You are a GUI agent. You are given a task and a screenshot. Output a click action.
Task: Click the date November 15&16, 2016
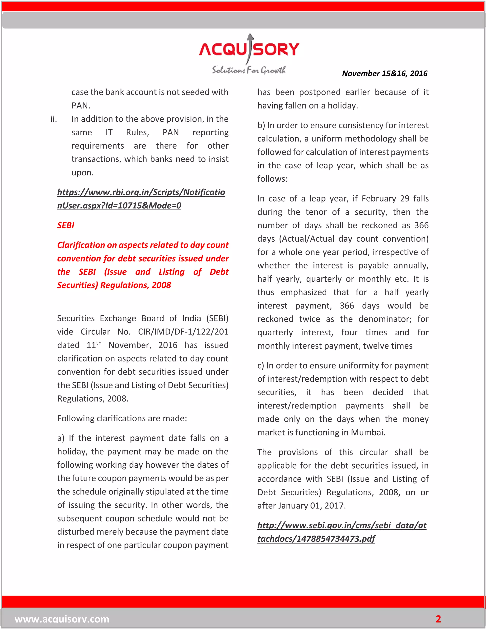coord(384,73)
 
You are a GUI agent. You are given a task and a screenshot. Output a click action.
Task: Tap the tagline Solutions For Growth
coord(249,70)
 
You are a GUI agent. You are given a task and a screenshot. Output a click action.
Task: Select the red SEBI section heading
coord(66,225)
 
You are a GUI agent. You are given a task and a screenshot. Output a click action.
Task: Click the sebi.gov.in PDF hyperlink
coord(341,532)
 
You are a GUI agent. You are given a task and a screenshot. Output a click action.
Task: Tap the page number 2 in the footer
coord(438,619)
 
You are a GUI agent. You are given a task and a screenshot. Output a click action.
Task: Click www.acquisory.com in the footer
coord(62,619)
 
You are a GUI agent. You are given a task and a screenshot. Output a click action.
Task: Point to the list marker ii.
coord(54,119)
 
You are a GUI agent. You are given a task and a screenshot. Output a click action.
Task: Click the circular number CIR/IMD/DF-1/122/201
coord(183,332)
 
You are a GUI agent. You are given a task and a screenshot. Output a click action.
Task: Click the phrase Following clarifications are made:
coord(122,418)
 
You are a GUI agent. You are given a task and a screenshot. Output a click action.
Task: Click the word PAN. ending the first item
coord(81,106)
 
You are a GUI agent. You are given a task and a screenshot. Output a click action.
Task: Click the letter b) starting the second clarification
coord(261,126)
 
